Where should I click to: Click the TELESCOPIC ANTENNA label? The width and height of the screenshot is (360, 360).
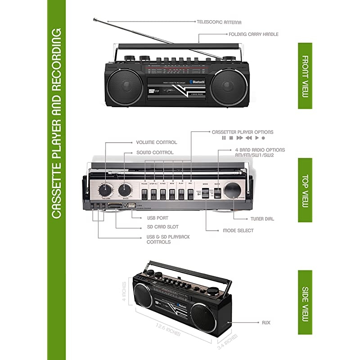point(219,22)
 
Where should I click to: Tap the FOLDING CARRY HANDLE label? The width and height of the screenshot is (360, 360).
point(253,34)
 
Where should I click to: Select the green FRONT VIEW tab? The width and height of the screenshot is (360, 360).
point(305,76)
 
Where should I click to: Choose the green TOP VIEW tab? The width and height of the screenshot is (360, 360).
point(305,190)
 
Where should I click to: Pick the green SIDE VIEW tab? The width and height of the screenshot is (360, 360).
point(305,302)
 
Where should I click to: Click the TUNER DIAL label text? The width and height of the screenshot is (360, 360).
point(262,219)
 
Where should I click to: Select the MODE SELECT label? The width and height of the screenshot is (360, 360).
point(238,230)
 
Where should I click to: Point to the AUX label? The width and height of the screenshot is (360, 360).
point(266,323)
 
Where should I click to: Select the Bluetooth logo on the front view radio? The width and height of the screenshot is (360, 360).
point(197,81)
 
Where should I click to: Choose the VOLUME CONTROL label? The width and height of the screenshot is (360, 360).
point(157,142)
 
